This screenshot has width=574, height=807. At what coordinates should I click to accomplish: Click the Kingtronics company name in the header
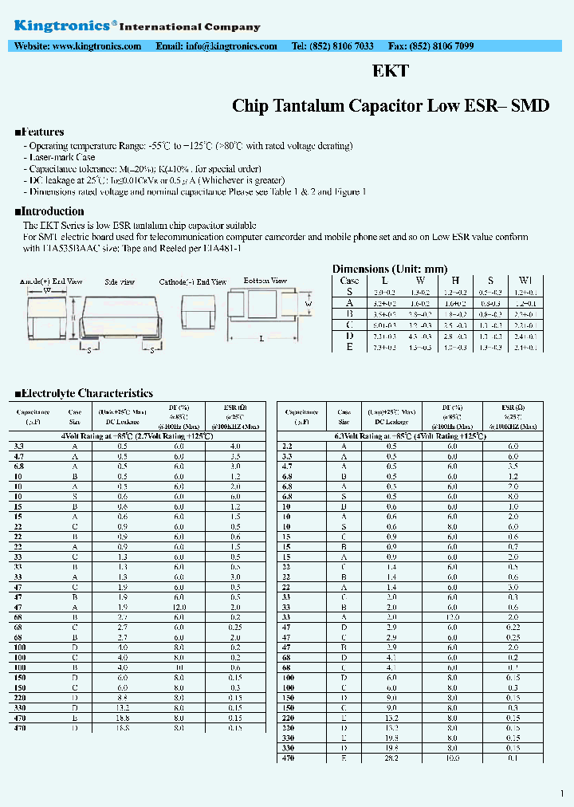(x=62, y=26)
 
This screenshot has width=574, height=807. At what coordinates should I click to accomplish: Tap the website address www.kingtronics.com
(x=96, y=46)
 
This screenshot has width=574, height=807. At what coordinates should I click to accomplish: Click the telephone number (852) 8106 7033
(x=344, y=46)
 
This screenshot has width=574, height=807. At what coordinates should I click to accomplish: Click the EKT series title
(x=391, y=71)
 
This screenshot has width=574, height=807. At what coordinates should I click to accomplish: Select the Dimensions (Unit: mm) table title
(x=389, y=270)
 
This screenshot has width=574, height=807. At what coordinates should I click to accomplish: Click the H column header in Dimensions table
(x=454, y=281)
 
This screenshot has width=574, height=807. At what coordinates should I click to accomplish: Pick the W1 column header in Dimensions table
(x=525, y=281)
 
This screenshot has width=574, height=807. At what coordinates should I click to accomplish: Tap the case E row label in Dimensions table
(x=349, y=347)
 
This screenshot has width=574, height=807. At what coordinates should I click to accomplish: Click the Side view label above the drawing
(x=120, y=282)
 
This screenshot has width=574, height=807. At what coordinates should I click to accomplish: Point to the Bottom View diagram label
(x=265, y=281)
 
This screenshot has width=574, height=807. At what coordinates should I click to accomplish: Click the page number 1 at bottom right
(x=562, y=793)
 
